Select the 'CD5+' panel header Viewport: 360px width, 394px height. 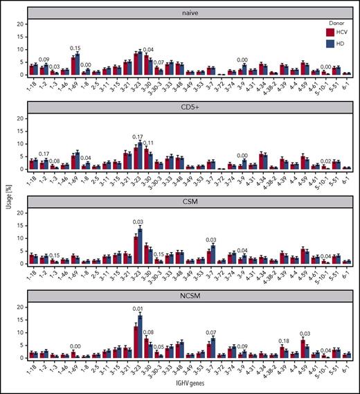point(190,107)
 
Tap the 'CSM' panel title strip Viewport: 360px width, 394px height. point(190,203)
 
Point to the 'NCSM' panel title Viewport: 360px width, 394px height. point(190,298)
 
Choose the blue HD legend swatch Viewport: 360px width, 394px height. point(332,42)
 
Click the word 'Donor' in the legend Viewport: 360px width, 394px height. point(335,21)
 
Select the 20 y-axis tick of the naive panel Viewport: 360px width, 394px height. point(22,24)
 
